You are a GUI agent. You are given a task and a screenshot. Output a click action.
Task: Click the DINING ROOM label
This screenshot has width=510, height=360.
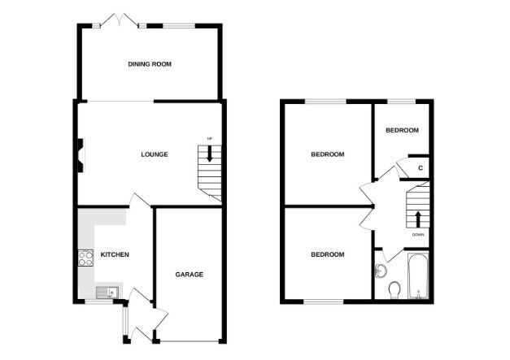point(149,63)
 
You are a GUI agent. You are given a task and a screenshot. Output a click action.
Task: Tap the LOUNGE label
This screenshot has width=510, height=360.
point(154,154)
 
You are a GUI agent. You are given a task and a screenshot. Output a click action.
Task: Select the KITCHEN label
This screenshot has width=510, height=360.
point(115,255)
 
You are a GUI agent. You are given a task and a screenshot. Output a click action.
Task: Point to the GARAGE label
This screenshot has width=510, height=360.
point(189,274)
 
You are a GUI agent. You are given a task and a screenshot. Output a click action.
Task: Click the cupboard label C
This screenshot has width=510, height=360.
point(420,168)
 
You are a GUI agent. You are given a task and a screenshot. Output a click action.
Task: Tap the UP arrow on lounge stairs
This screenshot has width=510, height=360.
point(210,158)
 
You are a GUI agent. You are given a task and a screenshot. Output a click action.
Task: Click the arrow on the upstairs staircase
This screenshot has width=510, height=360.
point(417,219)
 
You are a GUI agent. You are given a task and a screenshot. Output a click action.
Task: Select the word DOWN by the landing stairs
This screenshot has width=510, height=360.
point(417,234)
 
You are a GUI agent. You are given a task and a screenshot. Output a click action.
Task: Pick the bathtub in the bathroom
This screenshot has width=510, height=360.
point(416,279)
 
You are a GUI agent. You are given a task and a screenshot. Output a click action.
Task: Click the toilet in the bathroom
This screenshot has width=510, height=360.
point(394,290)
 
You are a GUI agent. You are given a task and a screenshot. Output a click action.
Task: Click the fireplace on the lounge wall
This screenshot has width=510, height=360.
point(81,154)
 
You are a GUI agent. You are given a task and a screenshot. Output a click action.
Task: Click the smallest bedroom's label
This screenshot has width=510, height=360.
point(402,131)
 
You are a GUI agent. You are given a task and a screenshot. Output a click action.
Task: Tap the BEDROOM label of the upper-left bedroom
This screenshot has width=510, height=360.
point(328,154)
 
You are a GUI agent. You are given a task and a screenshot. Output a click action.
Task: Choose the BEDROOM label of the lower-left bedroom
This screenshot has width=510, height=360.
point(328,254)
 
